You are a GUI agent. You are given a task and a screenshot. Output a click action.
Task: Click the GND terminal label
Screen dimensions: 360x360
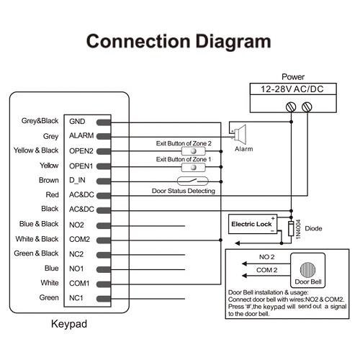click(x=77, y=122)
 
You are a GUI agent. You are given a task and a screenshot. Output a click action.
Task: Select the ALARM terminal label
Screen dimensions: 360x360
click(x=81, y=135)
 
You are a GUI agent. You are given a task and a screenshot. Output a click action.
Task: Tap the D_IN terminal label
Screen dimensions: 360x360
click(x=77, y=180)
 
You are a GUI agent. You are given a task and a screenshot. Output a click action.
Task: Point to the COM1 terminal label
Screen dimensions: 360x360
click(x=79, y=284)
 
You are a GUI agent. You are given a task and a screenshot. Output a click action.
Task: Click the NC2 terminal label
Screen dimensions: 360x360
click(x=76, y=254)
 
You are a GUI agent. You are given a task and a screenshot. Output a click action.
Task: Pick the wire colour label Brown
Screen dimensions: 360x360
click(x=49, y=180)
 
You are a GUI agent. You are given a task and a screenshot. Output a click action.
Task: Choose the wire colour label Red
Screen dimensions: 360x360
click(x=53, y=194)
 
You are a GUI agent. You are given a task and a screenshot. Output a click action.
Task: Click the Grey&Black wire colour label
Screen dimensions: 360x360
click(x=40, y=121)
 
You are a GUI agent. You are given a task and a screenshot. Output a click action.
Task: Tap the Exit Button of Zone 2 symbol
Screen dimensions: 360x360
click(x=194, y=151)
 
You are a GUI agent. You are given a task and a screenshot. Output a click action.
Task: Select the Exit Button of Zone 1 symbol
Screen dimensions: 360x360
click(x=194, y=167)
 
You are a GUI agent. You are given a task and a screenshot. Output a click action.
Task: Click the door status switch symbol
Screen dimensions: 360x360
click(x=193, y=181)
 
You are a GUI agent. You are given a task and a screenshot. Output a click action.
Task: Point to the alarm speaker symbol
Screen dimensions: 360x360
click(x=239, y=134)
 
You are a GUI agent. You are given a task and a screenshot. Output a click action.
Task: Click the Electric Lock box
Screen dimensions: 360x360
click(x=253, y=224)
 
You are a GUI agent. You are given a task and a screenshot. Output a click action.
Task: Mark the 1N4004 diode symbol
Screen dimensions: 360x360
click(x=291, y=228)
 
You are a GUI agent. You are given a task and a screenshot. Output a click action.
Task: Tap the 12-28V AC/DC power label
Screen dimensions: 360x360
click(x=292, y=89)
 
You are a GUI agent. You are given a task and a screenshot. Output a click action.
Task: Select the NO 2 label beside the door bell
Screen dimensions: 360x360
click(x=266, y=257)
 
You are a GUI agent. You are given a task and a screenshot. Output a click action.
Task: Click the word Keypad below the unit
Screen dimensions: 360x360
click(x=69, y=324)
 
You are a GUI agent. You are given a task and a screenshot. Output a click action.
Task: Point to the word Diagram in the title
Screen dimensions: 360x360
click(x=233, y=42)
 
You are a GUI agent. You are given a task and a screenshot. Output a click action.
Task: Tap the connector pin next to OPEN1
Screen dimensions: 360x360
click(x=104, y=166)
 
